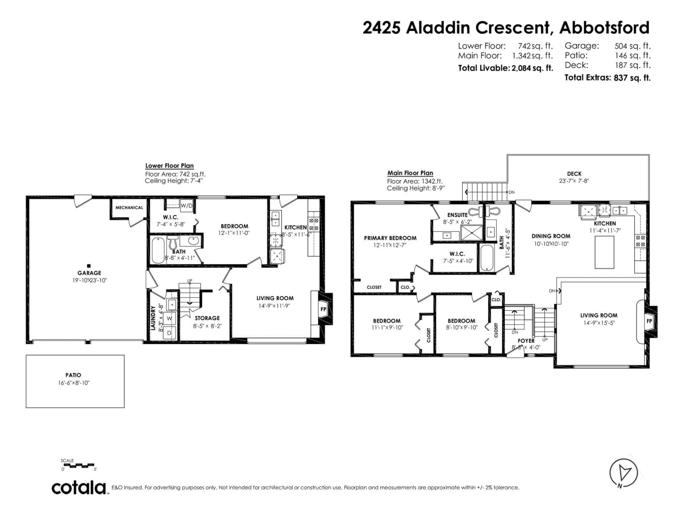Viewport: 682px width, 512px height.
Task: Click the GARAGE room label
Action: pyautogui.click(x=89, y=273)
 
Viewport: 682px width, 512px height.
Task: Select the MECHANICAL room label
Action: pyautogui.click(x=129, y=208)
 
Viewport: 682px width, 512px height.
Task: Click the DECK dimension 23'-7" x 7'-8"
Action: pyautogui.click(x=574, y=181)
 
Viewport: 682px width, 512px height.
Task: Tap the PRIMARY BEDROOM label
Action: pyautogui.click(x=390, y=238)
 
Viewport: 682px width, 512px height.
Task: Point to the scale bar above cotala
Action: pyautogui.click(x=79, y=465)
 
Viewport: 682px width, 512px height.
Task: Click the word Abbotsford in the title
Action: pyautogui.click(x=604, y=28)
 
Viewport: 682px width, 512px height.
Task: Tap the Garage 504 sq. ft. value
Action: pyautogui.click(x=632, y=46)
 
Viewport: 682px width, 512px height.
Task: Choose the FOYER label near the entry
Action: pyautogui.click(x=526, y=341)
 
